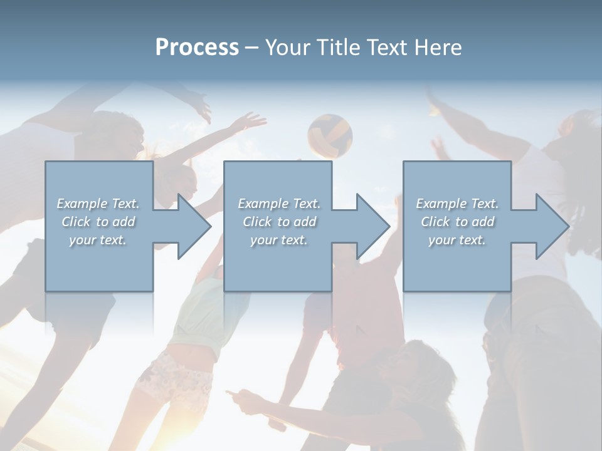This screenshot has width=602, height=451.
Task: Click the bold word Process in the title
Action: click(197, 48)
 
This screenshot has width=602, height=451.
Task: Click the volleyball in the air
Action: click(330, 135)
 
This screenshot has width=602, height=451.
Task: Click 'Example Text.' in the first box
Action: click(98, 204)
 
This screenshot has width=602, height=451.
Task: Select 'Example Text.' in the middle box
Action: click(278, 204)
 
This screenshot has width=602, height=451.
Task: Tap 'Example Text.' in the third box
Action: click(457, 204)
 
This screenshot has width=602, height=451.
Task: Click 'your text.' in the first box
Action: click(98, 240)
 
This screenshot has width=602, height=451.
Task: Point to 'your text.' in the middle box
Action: click(278, 240)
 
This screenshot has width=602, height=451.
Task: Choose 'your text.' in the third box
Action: click(457, 240)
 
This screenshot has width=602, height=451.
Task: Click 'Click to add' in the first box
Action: click(98, 222)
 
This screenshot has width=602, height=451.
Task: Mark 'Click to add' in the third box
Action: click(457, 222)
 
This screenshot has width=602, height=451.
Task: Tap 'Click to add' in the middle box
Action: click(278, 222)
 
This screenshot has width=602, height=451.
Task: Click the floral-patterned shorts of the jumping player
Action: click(173, 380)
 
